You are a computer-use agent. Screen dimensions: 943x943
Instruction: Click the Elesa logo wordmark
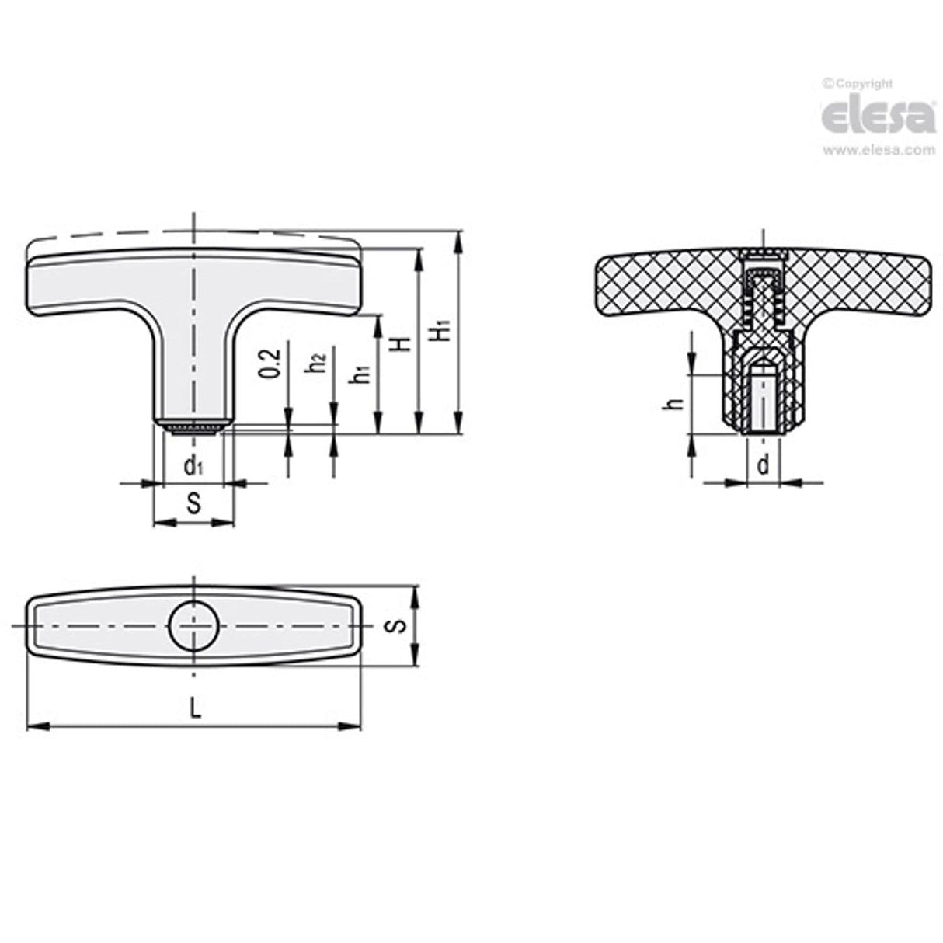click(x=879, y=117)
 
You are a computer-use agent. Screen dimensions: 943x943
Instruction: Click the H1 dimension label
click(x=440, y=329)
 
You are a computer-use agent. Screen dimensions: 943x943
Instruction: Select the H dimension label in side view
click(x=402, y=343)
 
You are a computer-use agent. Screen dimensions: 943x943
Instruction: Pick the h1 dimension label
click(x=360, y=374)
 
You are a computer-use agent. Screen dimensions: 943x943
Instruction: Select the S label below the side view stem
click(x=193, y=504)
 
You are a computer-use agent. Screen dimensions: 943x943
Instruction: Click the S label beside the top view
click(x=397, y=626)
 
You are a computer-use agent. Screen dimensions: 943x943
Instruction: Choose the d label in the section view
click(x=764, y=465)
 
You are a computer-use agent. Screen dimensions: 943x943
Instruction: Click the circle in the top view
click(x=194, y=625)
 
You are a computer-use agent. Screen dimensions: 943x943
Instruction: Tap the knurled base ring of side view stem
click(x=193, y=426)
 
